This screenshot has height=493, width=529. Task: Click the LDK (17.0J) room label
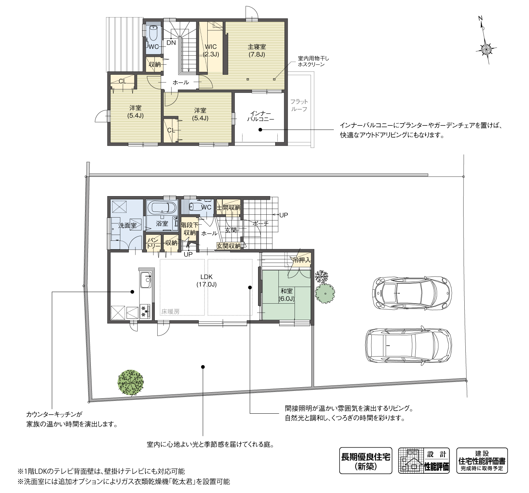click(207, 281)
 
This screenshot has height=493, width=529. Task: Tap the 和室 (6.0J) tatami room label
click(287, 295)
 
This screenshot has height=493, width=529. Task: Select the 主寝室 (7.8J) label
click(257, 51)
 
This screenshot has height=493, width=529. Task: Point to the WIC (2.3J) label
click(211, 51)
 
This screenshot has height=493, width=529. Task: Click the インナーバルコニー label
click(261, 116)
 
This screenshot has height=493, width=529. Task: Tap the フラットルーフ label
click(299, 105)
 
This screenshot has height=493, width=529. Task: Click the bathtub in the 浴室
click(162, 208)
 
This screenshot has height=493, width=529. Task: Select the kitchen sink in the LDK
click(146, 280)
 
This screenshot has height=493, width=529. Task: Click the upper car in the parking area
click(412, 293)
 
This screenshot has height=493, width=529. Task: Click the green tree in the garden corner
click(130, 383)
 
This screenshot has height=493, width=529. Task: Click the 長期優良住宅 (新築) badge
click(366, 460)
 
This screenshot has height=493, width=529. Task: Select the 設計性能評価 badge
click(424, 460)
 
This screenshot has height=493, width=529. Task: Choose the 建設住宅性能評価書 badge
click(482, 460)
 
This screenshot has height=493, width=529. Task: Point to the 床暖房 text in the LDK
click(170, 312)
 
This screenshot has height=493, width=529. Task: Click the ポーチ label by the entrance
click(261, 224)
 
